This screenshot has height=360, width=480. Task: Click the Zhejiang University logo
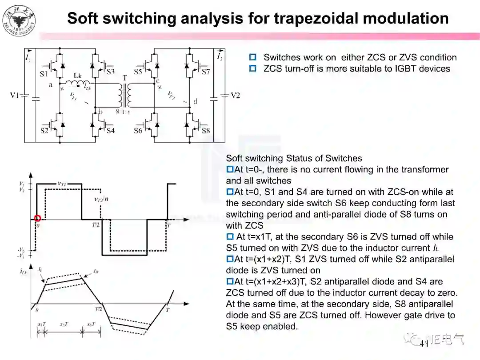(19, 20)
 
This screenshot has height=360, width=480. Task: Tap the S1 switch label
(44, 74)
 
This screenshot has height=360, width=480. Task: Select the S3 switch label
(110, 72)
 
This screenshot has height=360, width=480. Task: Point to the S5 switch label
(138, 72)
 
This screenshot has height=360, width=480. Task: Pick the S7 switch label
(205, 72)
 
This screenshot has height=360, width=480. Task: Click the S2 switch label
(44, 131)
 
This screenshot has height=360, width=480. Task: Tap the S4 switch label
(110, 131)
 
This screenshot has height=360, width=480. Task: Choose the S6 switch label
(138, 131)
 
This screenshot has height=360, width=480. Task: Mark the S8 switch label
(205, 131)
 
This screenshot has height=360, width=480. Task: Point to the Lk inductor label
(78, 76)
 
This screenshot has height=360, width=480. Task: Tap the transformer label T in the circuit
(125, 78)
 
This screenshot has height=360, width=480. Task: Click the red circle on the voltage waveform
(37, 218)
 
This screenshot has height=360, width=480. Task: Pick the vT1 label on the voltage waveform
(62, 183)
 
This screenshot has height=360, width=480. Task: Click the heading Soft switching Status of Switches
(294, 158)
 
